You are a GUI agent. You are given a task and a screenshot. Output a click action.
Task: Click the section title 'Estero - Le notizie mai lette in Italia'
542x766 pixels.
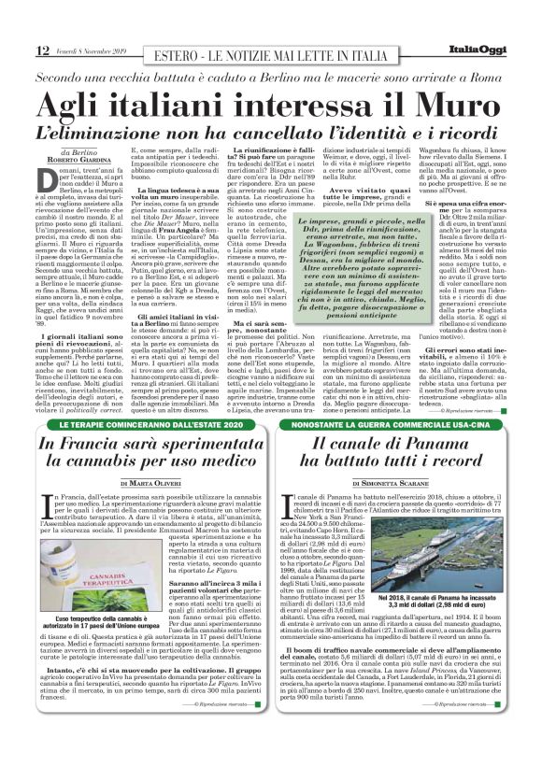point(271,54)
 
